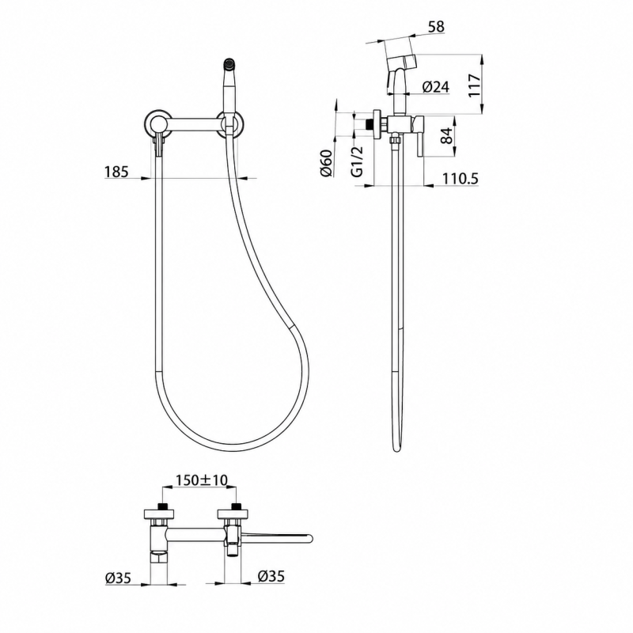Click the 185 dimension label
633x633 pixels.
click(116, 172)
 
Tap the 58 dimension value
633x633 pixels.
click(435, 27)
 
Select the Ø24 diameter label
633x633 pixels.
click(436, 87)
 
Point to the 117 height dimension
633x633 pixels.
click(476, 85)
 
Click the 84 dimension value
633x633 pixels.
click(446, 135)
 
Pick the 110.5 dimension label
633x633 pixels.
click(461, 178)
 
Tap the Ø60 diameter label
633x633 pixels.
click(326, 163)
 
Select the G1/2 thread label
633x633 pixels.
click(358, 161)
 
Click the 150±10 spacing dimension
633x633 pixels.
click(202, 480)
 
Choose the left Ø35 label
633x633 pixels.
click(118, 578)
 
